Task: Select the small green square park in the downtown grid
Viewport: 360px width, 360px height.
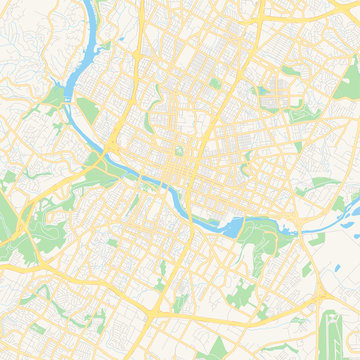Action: (x=181, y=152)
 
